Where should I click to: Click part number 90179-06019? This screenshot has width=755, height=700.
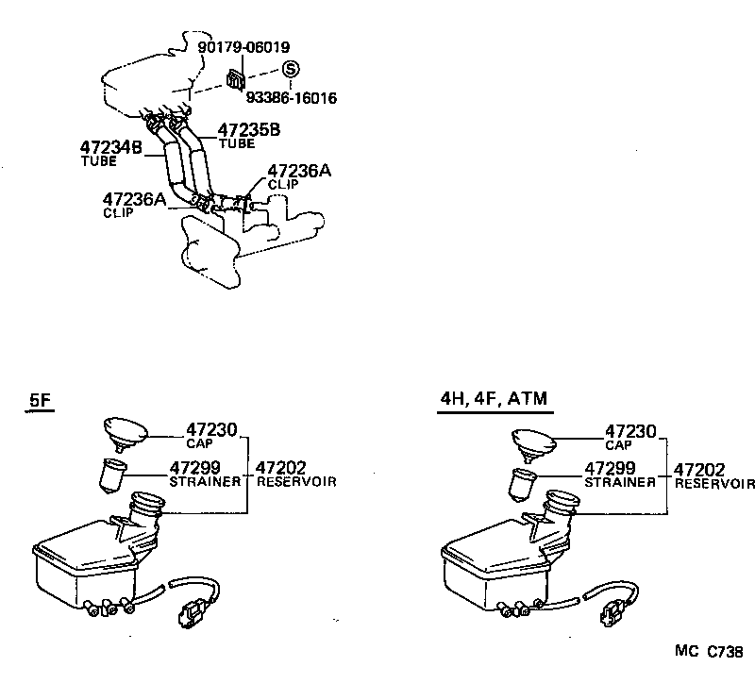point(243,46)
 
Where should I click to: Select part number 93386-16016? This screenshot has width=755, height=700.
point(293,96)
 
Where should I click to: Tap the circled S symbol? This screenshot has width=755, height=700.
point(291,69)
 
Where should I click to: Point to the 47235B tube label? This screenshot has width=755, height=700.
point(249,130)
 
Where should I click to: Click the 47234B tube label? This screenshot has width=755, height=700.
point(109,148)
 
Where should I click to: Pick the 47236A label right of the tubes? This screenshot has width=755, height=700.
point(299,171)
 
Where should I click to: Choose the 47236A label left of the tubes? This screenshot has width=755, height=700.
point(134,198)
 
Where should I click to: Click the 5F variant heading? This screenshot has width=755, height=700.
point(40,401)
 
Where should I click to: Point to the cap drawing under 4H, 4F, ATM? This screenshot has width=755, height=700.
point(535,442)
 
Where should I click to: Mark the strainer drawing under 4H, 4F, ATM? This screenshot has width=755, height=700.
point(523,485)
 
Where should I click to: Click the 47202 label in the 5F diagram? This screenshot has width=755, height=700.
point(283,467)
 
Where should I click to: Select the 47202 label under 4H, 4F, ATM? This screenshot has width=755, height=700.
point(698,469)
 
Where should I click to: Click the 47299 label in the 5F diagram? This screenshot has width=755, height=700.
point(195,467)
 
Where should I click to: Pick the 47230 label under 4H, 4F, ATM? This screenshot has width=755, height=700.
point(631,431)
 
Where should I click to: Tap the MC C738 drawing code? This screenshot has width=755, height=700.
point(708,651)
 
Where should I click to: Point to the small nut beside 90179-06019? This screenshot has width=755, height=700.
point(235,81)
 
